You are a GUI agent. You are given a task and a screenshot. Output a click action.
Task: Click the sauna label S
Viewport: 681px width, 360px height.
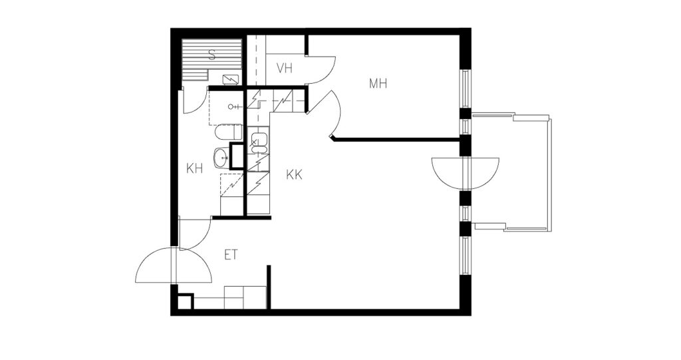[212, 55]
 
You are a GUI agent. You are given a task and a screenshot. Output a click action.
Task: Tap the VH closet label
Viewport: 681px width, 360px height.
[285, 69]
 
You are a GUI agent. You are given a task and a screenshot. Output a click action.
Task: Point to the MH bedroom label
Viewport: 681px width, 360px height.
[378, 83]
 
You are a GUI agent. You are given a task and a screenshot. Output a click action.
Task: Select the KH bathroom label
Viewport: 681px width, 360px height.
[195, 168]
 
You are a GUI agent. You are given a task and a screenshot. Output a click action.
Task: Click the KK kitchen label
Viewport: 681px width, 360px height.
[294, 175]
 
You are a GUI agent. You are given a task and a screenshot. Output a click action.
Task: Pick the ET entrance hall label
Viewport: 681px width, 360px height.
[231, 255]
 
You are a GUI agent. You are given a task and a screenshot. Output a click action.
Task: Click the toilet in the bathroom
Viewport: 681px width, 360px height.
[229, 132]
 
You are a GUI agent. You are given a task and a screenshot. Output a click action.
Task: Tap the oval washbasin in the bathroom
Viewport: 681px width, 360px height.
[221, 158]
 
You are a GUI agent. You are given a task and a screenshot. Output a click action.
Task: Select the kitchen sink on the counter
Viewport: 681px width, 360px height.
[259, 143]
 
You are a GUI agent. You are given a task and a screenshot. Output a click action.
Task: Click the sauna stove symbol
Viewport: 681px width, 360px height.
[231, 80]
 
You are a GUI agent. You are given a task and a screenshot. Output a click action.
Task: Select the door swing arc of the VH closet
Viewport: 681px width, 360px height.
[321, 70]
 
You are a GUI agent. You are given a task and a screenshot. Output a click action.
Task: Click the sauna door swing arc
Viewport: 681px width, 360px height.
[194, 100]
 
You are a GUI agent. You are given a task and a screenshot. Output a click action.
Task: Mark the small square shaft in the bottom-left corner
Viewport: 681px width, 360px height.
[185, 301]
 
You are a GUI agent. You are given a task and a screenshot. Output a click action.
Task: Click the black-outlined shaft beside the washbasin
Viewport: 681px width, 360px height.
[237, 156]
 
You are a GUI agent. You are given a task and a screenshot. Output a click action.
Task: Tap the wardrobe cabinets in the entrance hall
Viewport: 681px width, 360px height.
[245, 297]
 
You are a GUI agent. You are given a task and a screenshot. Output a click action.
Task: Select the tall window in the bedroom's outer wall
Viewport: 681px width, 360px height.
[465, 89]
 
